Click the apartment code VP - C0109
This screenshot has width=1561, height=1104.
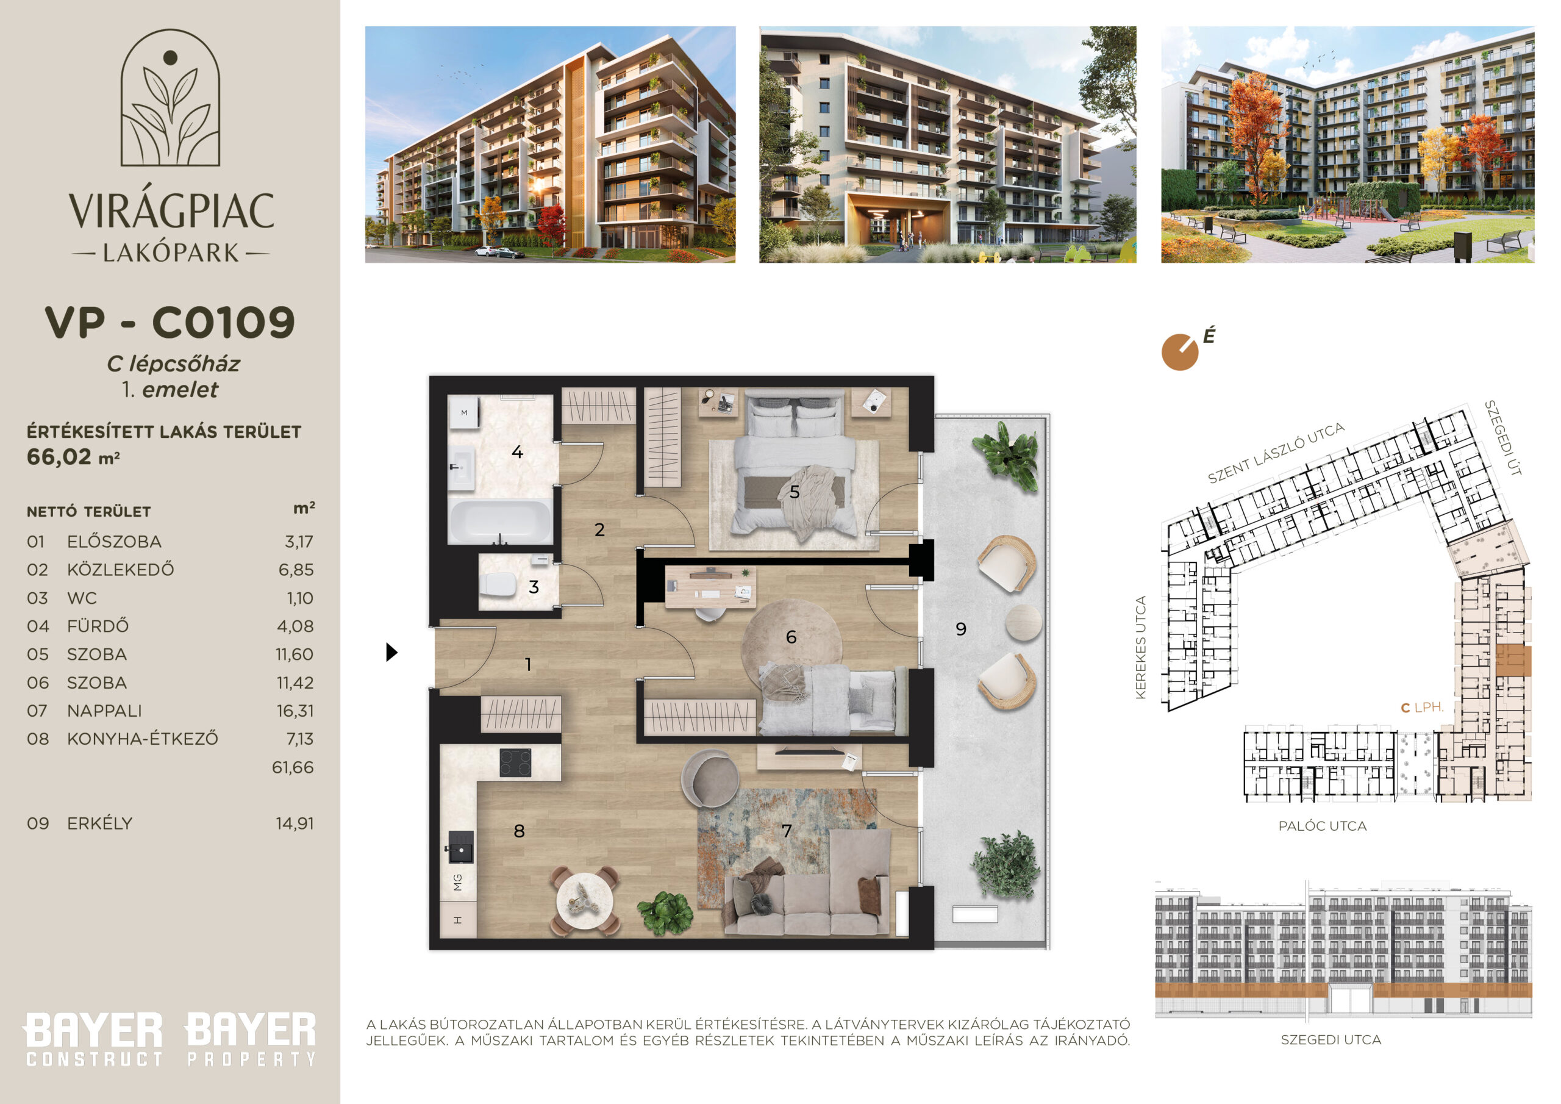[170, 323]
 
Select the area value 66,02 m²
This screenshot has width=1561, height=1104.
[73, 457]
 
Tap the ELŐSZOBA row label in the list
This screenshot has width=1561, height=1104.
[114, 542]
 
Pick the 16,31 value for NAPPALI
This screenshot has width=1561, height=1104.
[295, 711]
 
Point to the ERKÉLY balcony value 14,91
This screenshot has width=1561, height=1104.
[295, 824]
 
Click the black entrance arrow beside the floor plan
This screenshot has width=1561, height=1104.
[391, 652]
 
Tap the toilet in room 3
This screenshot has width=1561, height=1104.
[499, 584]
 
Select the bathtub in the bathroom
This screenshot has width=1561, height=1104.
[500, 522]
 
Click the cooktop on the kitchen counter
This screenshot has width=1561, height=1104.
[515, 762]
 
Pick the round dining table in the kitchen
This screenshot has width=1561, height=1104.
[585, 902]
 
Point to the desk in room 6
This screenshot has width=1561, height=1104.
[710, 587]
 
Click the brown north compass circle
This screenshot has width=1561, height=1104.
[1179, 353]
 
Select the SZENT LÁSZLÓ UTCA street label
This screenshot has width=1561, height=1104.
[1276, 453]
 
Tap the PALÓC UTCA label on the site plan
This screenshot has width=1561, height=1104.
[1323, 826]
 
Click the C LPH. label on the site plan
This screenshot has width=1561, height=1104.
[1423, 708]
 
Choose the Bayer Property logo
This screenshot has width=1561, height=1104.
[251, 1039]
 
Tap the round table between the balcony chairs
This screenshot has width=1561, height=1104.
[1023, 622]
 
